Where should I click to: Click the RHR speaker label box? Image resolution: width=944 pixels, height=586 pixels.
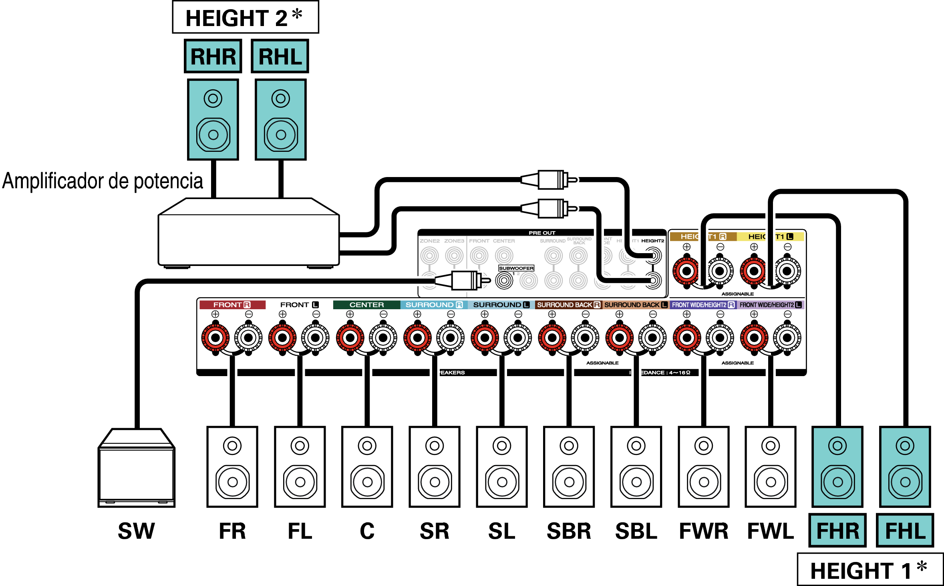point(213,56)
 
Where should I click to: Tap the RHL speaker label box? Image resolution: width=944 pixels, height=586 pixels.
point(280,56)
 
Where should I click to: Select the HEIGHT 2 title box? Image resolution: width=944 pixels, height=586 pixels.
point(245,18)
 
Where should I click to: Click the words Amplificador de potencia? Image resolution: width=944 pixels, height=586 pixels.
point(103,181)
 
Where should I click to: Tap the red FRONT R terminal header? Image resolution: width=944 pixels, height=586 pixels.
point(232,305)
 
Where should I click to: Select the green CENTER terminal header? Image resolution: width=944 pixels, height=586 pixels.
point(366,305)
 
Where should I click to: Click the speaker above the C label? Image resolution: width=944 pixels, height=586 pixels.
point(367,467)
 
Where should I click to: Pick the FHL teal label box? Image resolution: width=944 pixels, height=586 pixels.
point(905,531)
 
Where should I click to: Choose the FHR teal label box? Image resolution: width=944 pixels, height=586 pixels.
point(837,531)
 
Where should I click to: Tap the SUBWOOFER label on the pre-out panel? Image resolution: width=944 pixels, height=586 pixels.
point(516,268)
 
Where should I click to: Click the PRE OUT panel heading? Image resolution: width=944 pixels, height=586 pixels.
point(542,233)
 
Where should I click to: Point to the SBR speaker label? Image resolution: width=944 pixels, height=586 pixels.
point(569,531)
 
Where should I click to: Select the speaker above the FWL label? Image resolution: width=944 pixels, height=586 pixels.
point(771,467)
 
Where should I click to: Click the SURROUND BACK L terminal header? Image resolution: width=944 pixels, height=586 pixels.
point(636,305)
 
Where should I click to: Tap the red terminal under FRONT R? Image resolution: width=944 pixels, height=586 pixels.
point(215,338)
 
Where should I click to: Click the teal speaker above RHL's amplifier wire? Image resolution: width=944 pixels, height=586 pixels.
point(281,119)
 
